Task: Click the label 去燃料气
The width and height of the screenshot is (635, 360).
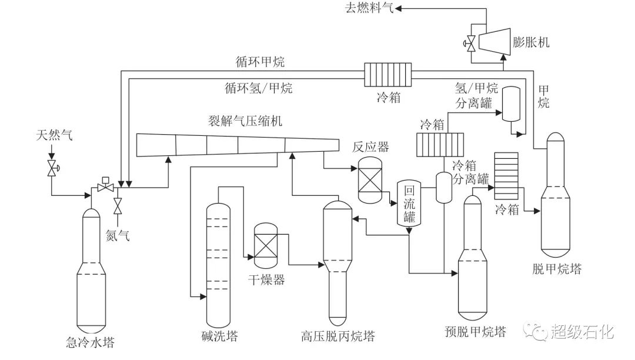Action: coord(367,8)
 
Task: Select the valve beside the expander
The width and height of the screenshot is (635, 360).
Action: coord(470,42)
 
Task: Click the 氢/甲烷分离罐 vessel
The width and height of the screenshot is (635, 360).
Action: coord(512,104)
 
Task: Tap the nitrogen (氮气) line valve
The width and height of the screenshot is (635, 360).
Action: coord(118,206)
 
